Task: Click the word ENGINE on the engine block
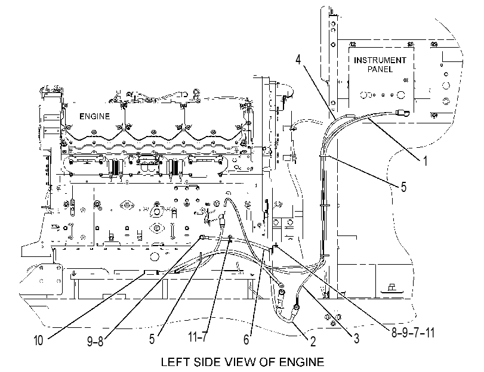pos(94,116)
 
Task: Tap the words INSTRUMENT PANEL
pos(380,64)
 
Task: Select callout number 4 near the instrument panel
pos(298,59)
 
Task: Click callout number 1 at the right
pos(425,161)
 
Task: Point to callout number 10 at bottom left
pos(38,340)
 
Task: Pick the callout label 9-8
pos(95,341)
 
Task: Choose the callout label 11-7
pos(198,337)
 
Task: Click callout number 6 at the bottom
pos(246,340)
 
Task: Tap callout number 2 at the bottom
pos(313,342)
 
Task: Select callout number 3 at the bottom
pos(356,339)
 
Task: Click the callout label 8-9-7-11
pos(413,333)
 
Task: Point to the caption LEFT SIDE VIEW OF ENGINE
pos(243,362)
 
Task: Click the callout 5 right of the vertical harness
pos(403,187)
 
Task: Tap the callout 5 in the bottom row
pos(152,339)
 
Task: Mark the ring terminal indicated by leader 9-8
pos(202,237)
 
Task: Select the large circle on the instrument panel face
pos(400,95)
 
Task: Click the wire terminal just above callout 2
pos(297,307)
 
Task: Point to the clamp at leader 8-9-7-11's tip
pos(275,246)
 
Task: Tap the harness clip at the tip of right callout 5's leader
pos(325,156)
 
